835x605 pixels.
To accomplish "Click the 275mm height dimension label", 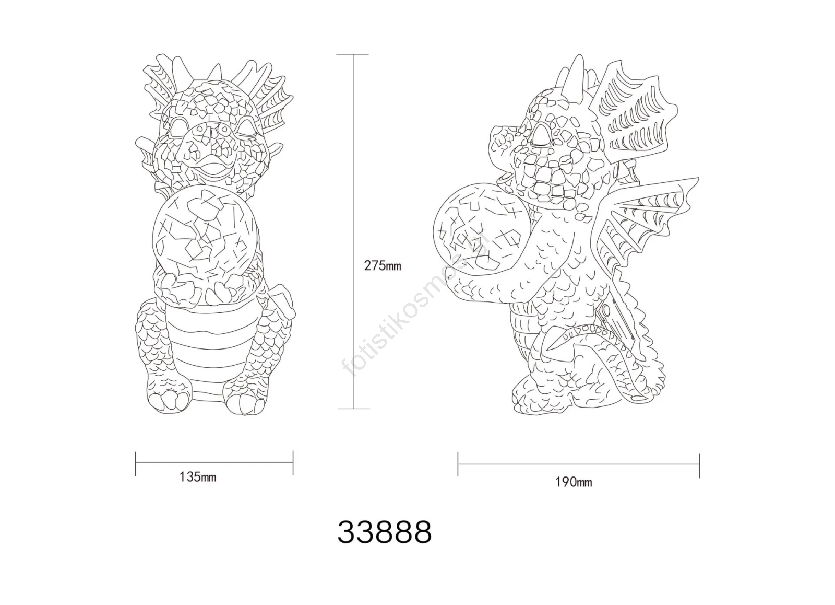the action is tap(383, 266).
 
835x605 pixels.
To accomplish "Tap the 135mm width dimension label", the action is tap(198, 477).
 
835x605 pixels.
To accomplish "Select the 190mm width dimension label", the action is tap(574, 483).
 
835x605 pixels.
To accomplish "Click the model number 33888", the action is tap(385, 532).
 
